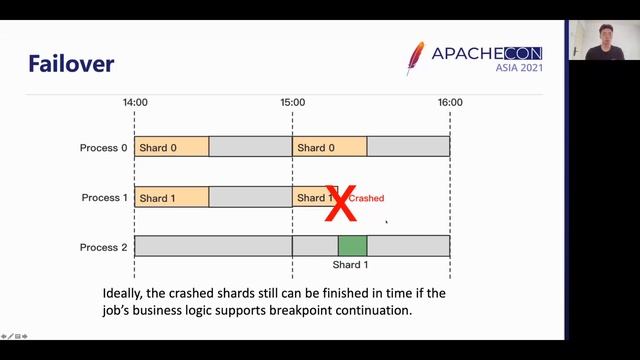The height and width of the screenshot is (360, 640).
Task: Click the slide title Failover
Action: point(71,64)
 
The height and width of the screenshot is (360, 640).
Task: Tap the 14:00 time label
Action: point(135,102)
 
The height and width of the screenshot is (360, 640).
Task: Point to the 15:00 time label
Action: point(292,102)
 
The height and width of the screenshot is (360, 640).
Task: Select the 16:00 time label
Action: point(450,102)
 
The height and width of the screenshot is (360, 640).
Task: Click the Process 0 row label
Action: point(104,148)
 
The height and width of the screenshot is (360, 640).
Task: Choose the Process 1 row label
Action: point(104,197)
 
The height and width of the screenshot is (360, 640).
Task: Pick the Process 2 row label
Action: point(104,246)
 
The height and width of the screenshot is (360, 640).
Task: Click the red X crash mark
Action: point(342,202)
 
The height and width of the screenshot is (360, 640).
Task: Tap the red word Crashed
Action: point(366,198)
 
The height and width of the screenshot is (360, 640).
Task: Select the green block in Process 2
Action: point(352,246)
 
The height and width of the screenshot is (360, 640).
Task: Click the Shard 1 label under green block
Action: point(351,265)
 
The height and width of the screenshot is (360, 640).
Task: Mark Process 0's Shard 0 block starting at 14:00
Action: point(171,147)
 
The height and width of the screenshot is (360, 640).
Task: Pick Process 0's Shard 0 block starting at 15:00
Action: point(329,147)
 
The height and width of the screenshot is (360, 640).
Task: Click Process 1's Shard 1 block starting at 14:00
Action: point(171,197)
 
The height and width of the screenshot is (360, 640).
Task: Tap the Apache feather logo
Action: point(415,58)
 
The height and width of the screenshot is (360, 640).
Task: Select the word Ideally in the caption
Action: point(126,294)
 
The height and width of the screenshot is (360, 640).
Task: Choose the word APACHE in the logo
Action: point(467,52)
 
